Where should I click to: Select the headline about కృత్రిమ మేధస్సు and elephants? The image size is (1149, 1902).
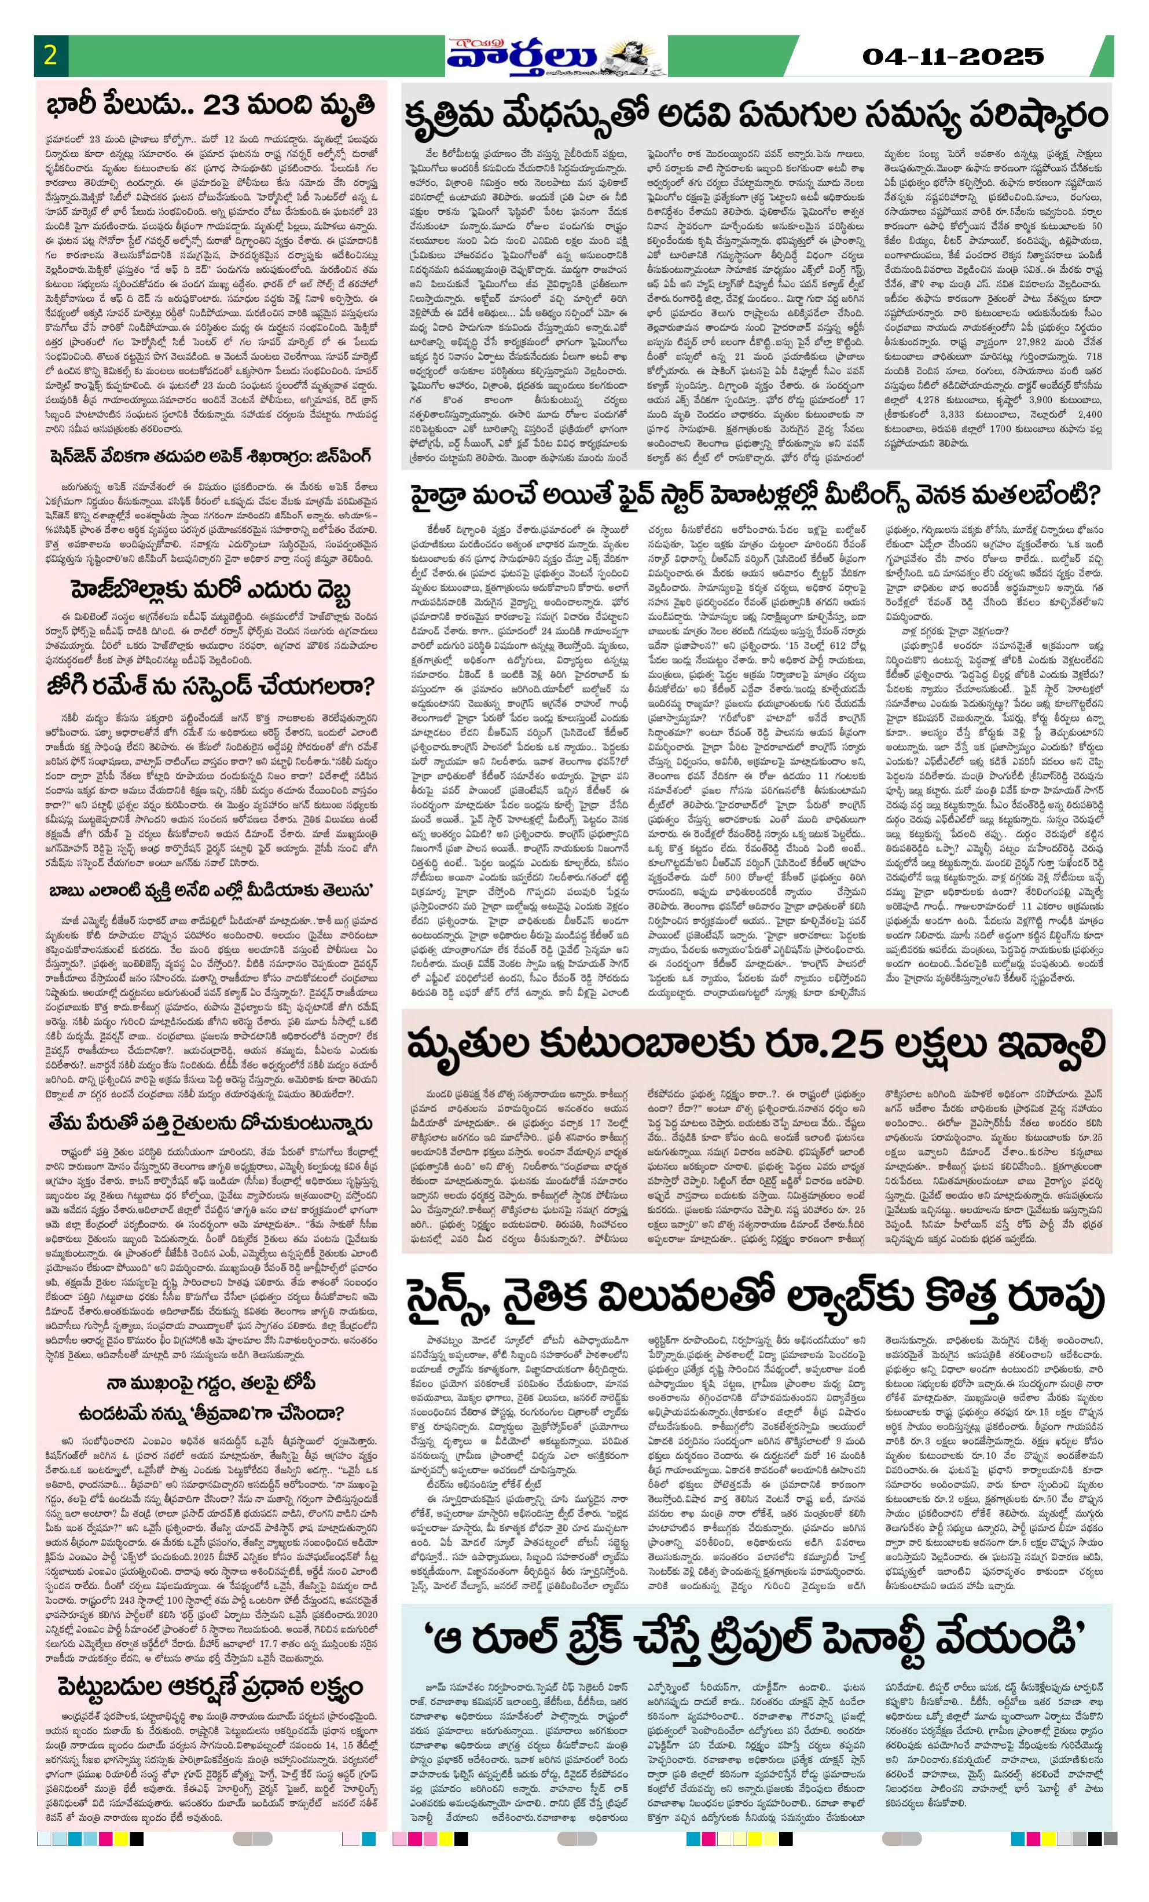tap(756, 118)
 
